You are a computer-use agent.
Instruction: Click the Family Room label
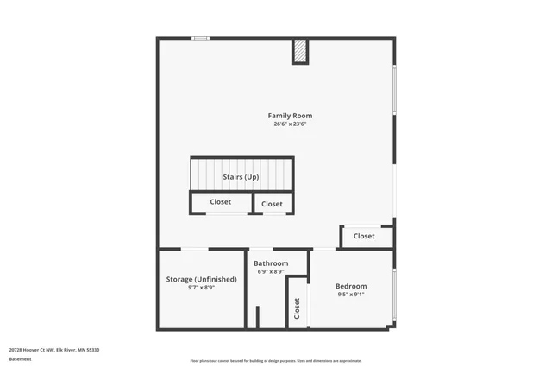click(x=290, y=116)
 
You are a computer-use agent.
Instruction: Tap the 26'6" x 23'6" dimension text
click(x=290, y=124)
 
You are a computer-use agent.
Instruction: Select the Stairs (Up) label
click(x=241, y=177)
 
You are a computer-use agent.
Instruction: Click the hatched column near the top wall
click(x=299, y=52)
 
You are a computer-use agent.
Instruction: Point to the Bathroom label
click(x=270, y=263)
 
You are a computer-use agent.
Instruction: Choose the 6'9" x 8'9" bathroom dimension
click(x=270, y=272)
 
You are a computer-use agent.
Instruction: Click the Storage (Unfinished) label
click(x=201, y=280)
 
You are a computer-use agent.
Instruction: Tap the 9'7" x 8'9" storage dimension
click(x=201, y=288)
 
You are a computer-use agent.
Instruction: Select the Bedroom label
click(x=351, y=286)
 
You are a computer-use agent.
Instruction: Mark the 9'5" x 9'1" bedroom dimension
click(x=351, y=295)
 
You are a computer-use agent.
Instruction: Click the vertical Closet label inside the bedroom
click(x=298, y=307)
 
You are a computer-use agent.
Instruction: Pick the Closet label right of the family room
click(x=364, y=236)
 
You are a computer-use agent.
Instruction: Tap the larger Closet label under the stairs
click(x=220, y=202)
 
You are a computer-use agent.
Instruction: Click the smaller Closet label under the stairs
click(x=272, y=204)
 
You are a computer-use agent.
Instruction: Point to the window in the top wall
click(x=200, y=38)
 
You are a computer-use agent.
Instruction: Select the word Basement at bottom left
click(x=20, y=358)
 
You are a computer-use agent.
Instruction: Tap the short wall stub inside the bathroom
click(x=256, y=316)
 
